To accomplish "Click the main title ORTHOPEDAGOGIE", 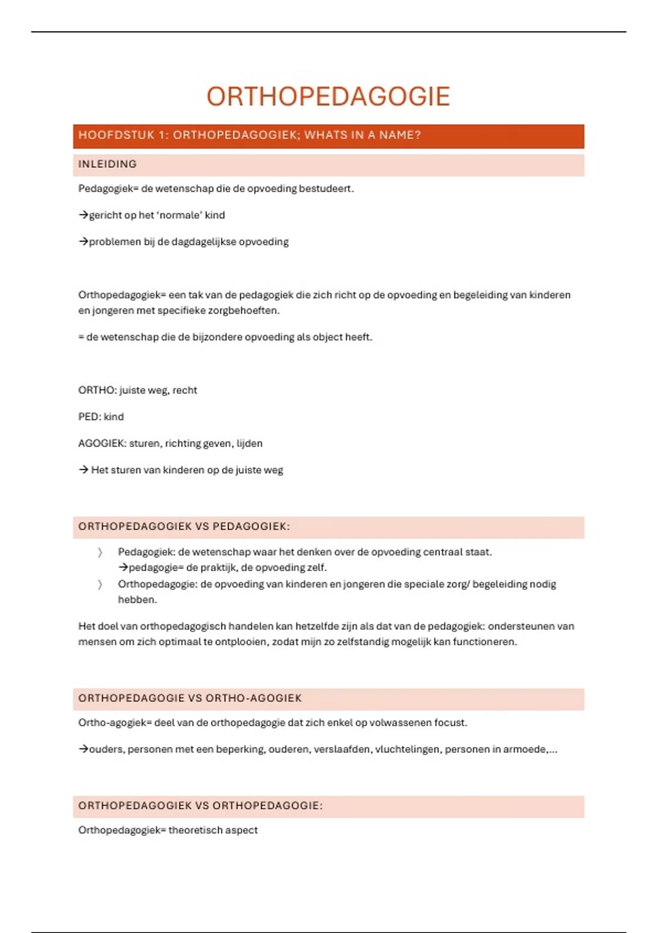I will tap(328, 97).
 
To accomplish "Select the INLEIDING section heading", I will tap(107, 164).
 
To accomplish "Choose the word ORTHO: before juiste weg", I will tap(98, 390).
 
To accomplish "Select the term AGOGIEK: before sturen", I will tap(102, 443).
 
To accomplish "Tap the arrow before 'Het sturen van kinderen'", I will tap(83, 470).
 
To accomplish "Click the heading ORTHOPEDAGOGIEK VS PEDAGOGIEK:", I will tap(184, 527).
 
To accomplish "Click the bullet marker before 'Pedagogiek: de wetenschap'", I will tap(100, 553).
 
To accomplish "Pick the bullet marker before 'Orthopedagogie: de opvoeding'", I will tap(100, 584).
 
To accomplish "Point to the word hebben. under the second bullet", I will tap(137, 600).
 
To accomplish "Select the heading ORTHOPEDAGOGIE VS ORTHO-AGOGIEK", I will tap(190, 699).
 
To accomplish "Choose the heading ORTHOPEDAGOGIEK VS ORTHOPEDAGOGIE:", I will tap(200, 806).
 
